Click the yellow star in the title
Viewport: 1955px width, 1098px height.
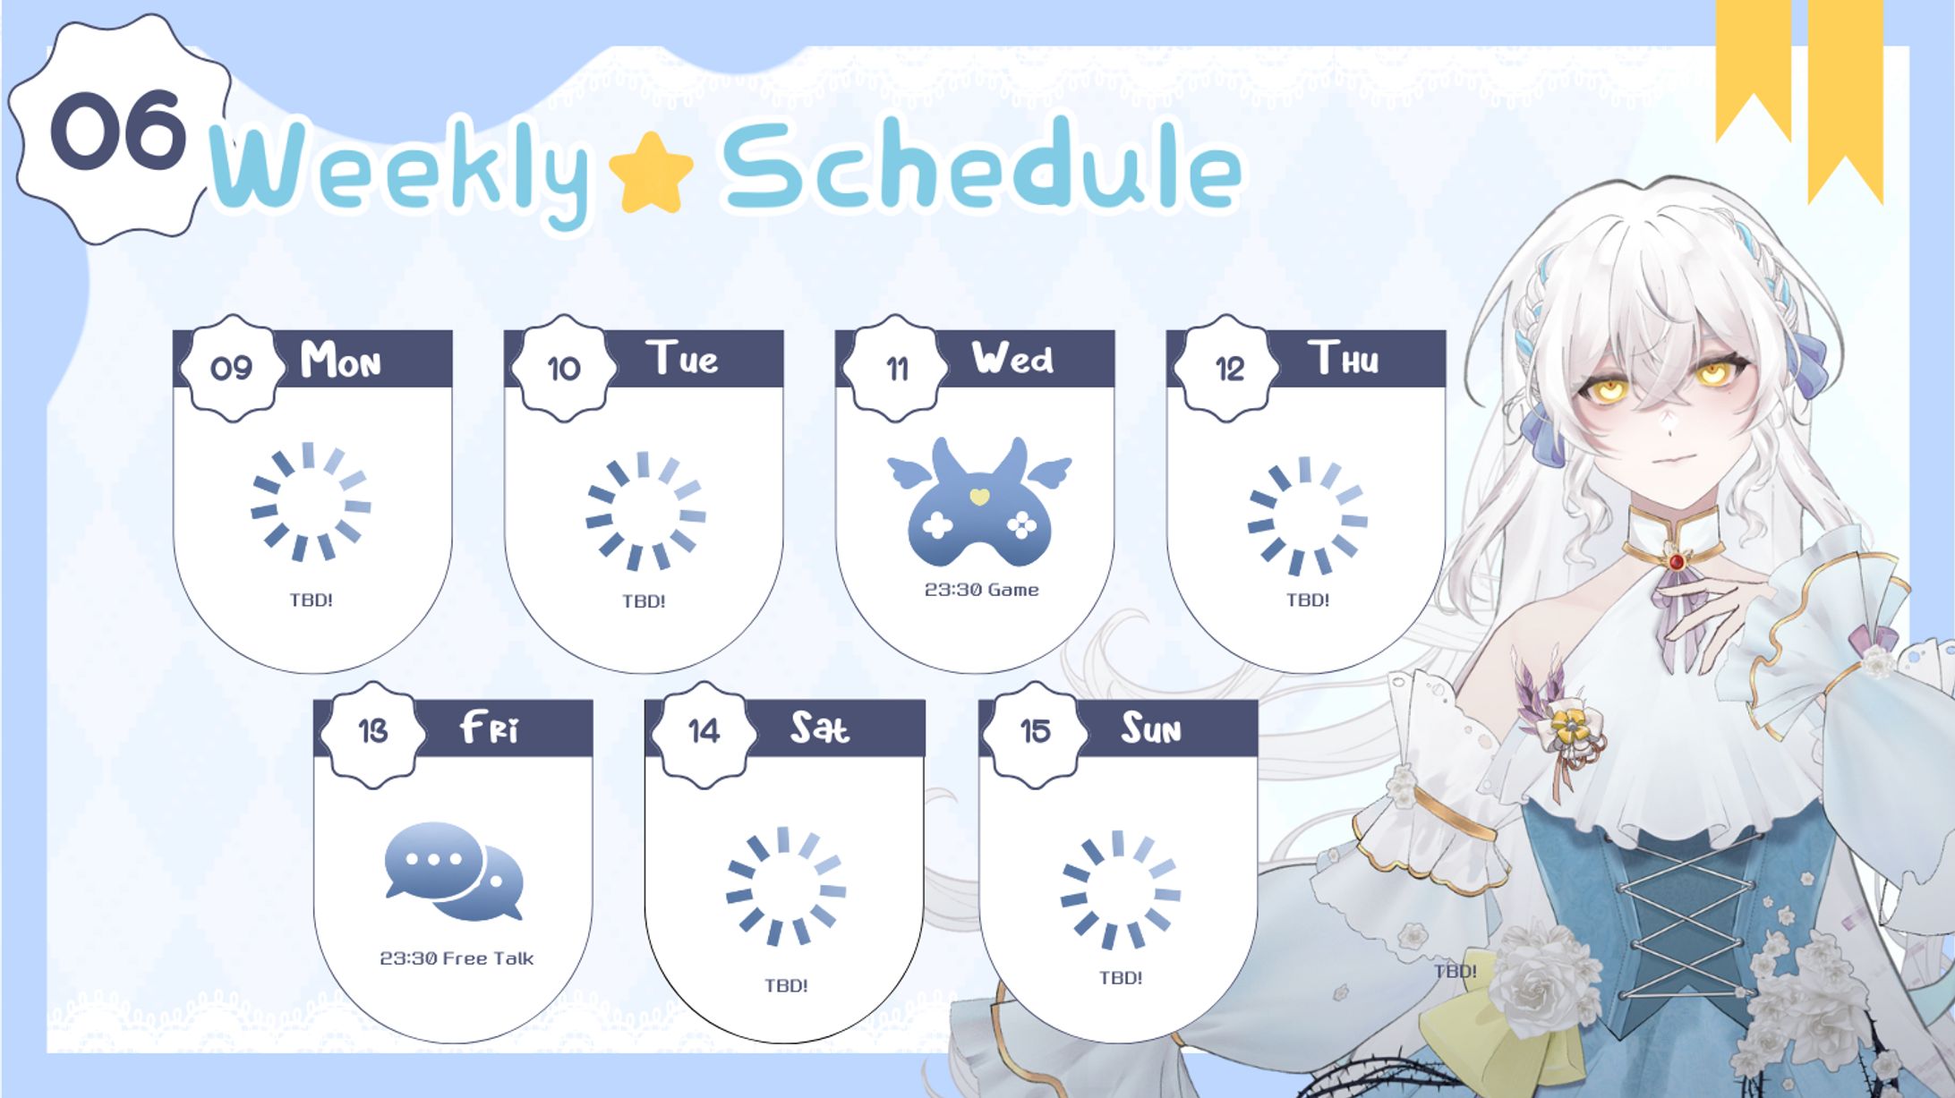pos(651,174)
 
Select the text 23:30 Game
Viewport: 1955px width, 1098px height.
pos(981,590)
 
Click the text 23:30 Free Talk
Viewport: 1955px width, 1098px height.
pos(457,958)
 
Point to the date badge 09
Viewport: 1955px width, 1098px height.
pos(232,368)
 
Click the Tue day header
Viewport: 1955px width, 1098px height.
pos(682,358)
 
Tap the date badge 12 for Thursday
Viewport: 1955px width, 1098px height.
pos(1228,368)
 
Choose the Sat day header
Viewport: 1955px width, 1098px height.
pos(819,728)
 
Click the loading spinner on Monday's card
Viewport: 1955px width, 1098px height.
pos(311,502)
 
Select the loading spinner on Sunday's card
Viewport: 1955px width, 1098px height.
pos(1120,889)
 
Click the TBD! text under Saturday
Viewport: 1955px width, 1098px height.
pos(786,985)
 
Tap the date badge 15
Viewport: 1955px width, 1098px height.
pos(1035,732)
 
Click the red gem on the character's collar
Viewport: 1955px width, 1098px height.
pos(1676,562)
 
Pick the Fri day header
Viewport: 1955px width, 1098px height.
pos(489,728)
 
